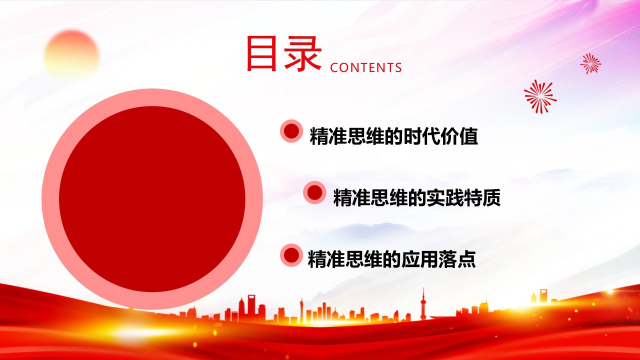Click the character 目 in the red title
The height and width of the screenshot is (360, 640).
(x=261, y=53)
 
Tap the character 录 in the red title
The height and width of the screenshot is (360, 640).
(x=303, y=53)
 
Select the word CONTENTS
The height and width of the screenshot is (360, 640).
(x=365, y=67)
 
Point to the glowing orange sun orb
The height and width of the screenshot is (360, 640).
(x=71, y=54)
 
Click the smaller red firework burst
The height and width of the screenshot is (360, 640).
(x=590, y=63)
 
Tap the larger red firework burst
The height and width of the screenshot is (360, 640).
(x=540, y=96)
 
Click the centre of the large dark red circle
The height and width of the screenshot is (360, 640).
(x=152, y=199)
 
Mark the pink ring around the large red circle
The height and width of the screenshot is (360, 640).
(x=50, y=199)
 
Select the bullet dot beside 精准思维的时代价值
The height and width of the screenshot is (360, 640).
(x=291, y=131)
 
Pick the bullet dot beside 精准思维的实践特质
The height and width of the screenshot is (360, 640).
(x=314, y=192)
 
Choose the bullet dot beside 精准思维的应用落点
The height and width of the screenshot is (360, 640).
(x=291, y=255)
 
